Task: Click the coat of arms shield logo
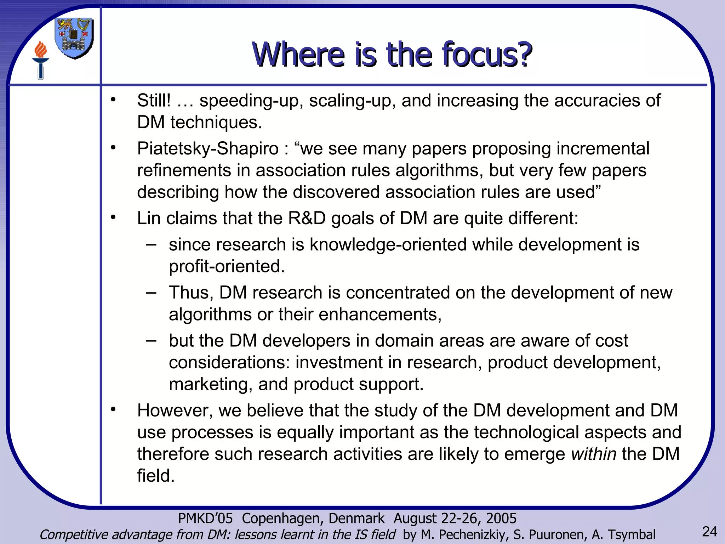pyautogui.click(x=74, y=38)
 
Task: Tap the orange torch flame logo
pyautogui.click(x=41, y=50)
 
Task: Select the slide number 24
pyautogui.click(x=709, y=532)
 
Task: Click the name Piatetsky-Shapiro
pyautogui.click(x=208, y=148)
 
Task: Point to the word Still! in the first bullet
pyautogui.click(x=154, y=101)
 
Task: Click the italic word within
pyautogui.click(x=593, y=454)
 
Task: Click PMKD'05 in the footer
pyautogui.click(x=205, y=518)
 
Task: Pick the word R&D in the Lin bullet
pyautogui.click(x=307, y=218)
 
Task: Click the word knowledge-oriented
pyautogui.click(x=388, y=245)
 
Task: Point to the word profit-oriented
pyautogui.click(x=227, y=266)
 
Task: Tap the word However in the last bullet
pyautogui.click(x=175, y=410)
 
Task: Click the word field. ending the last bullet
pyautogui.click(x=156, y=476)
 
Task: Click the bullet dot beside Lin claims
pyautogui.click(x=113, y=217)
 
